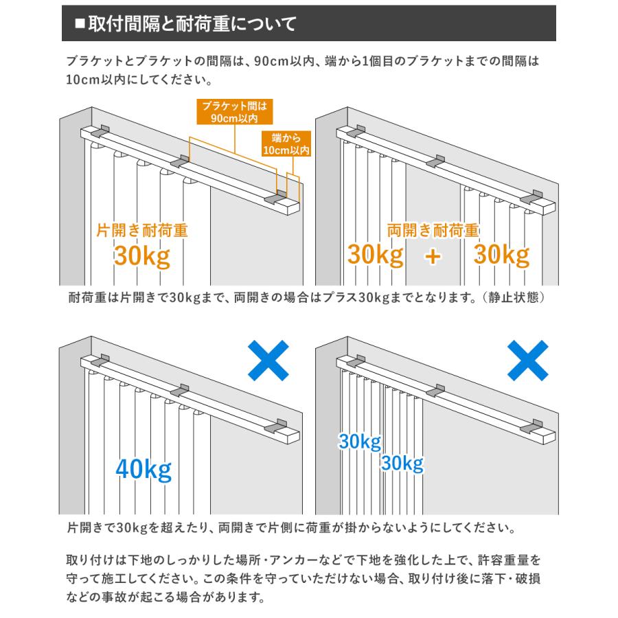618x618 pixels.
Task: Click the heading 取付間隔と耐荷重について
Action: (x=189, y=25)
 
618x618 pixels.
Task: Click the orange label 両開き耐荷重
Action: (x=433, y=230)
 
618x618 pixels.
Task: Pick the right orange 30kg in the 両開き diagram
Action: (x=502, y=256)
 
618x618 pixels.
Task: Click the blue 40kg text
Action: (x=144, y=470)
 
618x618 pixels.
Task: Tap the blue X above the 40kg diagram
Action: (x=267, y=361)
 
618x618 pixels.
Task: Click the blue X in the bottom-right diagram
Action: (x=527, y=361)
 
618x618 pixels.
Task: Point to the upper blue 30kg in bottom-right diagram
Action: (x=360, y=441)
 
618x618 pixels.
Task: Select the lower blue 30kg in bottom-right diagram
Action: (x=402, y=463)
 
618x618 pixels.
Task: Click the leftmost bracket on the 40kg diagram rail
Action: (x=100, y=360)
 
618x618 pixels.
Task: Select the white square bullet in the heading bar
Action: (x=79, y=25)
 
